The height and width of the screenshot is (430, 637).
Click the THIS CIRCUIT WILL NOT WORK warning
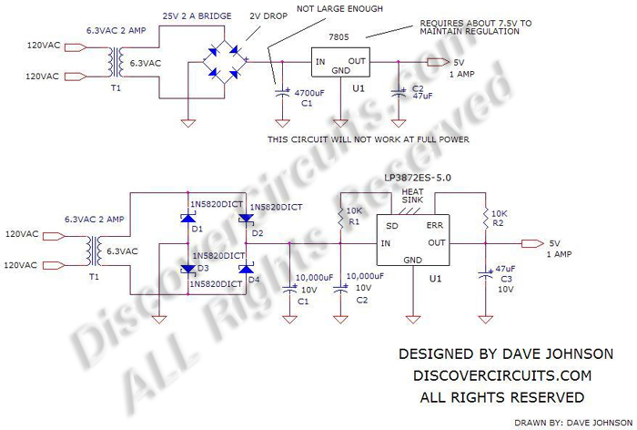pos(369,138)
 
